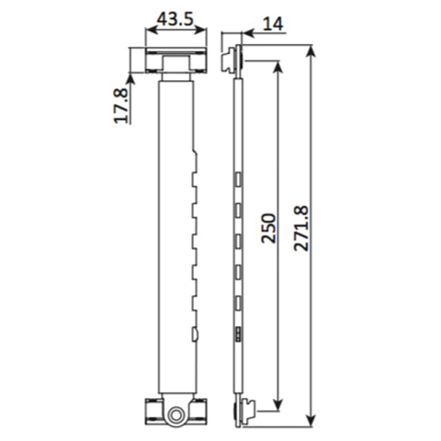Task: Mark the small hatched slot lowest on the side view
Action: tap(238, 334)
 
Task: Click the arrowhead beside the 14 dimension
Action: tap(247, 34)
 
